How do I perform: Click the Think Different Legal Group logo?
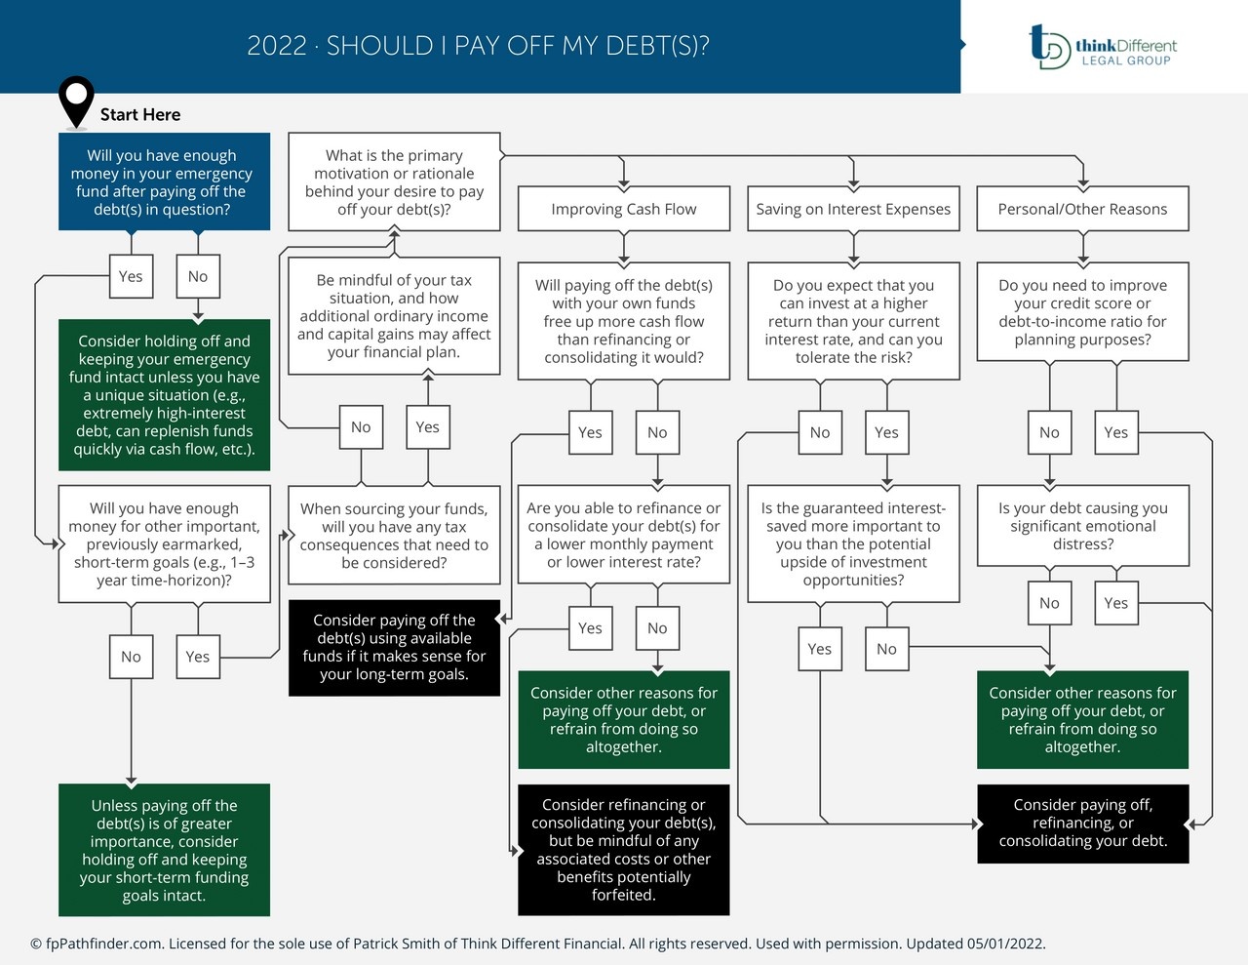pyautogui.click(x=1103, y=47)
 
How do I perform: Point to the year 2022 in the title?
pyautogui.click(x=277, y=46)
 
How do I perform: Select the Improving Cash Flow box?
pyautogui.click(x=623, y=209)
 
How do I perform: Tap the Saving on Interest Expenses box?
pyautogui.click(x=853, y=209)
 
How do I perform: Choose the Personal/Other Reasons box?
pyautogui.click(x=1082, y=209)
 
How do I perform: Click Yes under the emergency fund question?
pyautogui.click(x=131, y=276)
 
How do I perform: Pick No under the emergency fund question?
pyautogui.click(x=198, y=276)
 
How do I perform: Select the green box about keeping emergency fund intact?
pyautogui.click(x=164, y=395)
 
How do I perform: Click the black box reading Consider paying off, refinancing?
pyautogui.click(x=1082, y=823)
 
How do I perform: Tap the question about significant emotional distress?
pyautogui.click(x=1082, y=526)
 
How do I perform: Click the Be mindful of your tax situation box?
pyautogui.click(x=394, y=315)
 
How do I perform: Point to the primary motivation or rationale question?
pyautogui.click(x=394, y=182)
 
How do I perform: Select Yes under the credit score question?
pyautogui.click(x=1115, y=432)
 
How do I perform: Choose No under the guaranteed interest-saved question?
pyautogui.click(x=886, y=649)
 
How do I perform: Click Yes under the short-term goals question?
pyautogui.click(x=198, y=657)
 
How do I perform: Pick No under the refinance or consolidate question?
pyautogui.click(x=657, y=628)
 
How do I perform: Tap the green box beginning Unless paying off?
pyautogui.click(x=164, y=850)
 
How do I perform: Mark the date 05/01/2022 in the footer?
pyautogui.click(x=1005, y=944)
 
